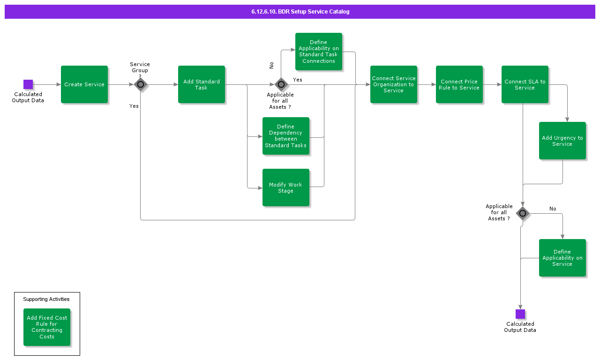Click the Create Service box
84,84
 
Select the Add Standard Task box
202,84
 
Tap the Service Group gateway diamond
141,84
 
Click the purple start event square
28,84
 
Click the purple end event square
520,314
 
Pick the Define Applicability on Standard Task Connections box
319,52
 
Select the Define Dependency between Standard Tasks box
286,136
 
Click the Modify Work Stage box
286,187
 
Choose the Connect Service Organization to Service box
394,84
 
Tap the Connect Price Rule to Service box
459,84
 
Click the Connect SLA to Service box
525,84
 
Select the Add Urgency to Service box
562,141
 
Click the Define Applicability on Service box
562,258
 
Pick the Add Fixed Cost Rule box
47,327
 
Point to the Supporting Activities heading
46,299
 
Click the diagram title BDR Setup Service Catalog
300,12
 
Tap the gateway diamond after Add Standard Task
281,84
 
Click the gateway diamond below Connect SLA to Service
523,214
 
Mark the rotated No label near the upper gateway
271,66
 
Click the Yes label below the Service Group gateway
134,106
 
